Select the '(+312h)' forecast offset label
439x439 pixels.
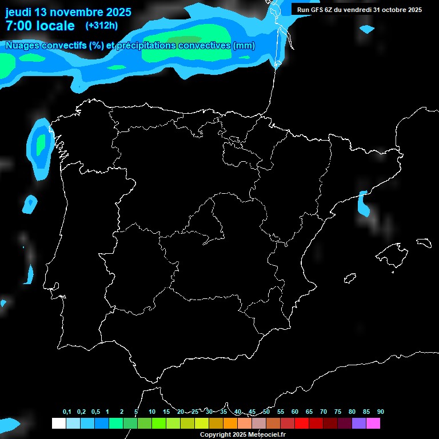102,26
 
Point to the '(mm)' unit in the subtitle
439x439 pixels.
244,46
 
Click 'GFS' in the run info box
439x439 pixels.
317,10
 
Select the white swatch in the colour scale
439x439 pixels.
58,423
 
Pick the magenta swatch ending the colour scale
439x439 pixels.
373,423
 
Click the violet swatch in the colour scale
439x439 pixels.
358,423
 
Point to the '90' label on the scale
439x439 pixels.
381,412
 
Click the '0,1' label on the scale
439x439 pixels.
67,412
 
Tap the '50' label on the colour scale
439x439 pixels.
266,412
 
